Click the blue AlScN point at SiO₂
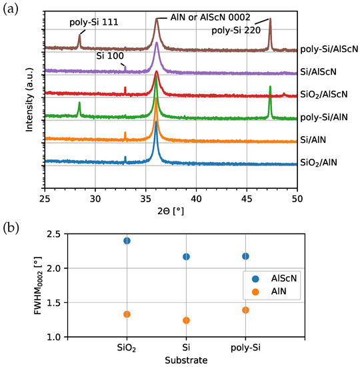click(127, 241)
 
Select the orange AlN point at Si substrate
click(187, 320)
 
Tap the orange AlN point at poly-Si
click(246, 310)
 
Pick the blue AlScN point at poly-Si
click(246, 256)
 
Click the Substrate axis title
click(187, 361)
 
